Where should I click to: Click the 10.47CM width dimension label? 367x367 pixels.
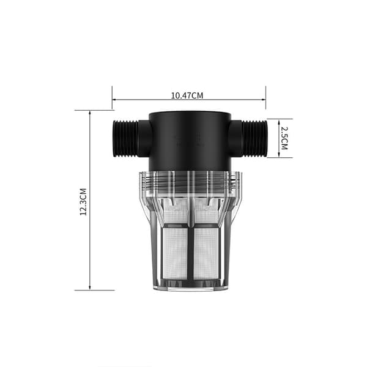coord(187,95)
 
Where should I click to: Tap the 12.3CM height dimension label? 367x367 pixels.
coord(83,202)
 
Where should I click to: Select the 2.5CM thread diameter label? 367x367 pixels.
coord(284,138)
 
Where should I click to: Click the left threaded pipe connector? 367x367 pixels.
coord(125,138)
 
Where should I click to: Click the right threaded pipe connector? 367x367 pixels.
coord(254,138)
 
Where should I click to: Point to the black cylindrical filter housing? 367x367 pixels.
coord(190,141)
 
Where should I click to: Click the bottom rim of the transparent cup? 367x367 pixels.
coord(191,287)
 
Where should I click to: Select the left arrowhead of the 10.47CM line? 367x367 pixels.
coord(114,100)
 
